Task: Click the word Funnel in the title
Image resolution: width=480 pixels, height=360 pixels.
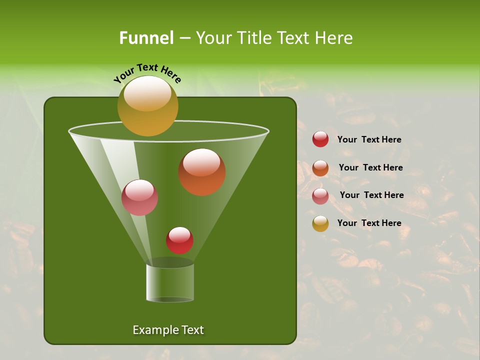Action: point(146,38)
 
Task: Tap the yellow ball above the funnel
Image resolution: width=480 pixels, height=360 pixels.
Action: point(147,106)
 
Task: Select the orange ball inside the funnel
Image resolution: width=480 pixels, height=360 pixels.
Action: point(201,172)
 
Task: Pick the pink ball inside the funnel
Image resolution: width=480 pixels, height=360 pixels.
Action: point(139,197)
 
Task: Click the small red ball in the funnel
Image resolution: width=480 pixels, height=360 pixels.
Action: point(179,240)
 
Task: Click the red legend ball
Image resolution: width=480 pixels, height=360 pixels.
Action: point(320,139)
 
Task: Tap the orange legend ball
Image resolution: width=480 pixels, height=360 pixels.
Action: point(320,168)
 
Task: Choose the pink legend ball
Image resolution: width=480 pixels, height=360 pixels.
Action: point(320,196)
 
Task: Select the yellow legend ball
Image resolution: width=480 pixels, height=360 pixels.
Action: point(320,223)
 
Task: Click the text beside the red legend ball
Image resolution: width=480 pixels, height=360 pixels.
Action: point(369,140)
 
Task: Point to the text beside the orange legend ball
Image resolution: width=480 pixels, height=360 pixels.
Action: point(370,168)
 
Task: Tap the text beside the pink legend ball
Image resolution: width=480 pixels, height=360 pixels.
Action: point(371,195)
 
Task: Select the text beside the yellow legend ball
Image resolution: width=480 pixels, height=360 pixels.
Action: point(369,223)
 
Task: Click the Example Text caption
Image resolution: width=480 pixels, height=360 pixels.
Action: point(168,330)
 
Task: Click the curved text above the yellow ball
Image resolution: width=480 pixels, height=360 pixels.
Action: point(147,72)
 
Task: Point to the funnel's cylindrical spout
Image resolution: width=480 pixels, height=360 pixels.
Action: point(170,282)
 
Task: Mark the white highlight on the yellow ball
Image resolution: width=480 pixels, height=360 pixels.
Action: point(147,93)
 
